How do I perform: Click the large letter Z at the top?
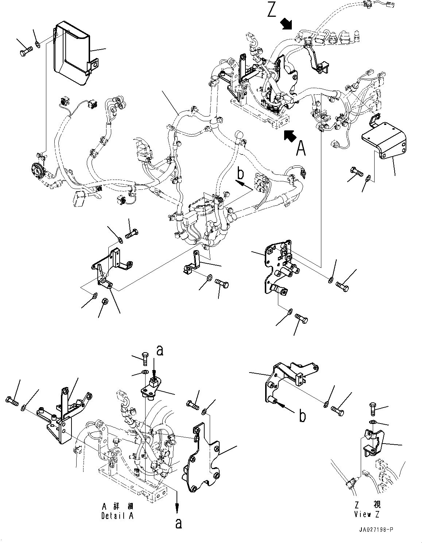click(271, 10)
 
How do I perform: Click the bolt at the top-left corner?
click(25, 50)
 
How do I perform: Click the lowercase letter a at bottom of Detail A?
click(178, 523)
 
